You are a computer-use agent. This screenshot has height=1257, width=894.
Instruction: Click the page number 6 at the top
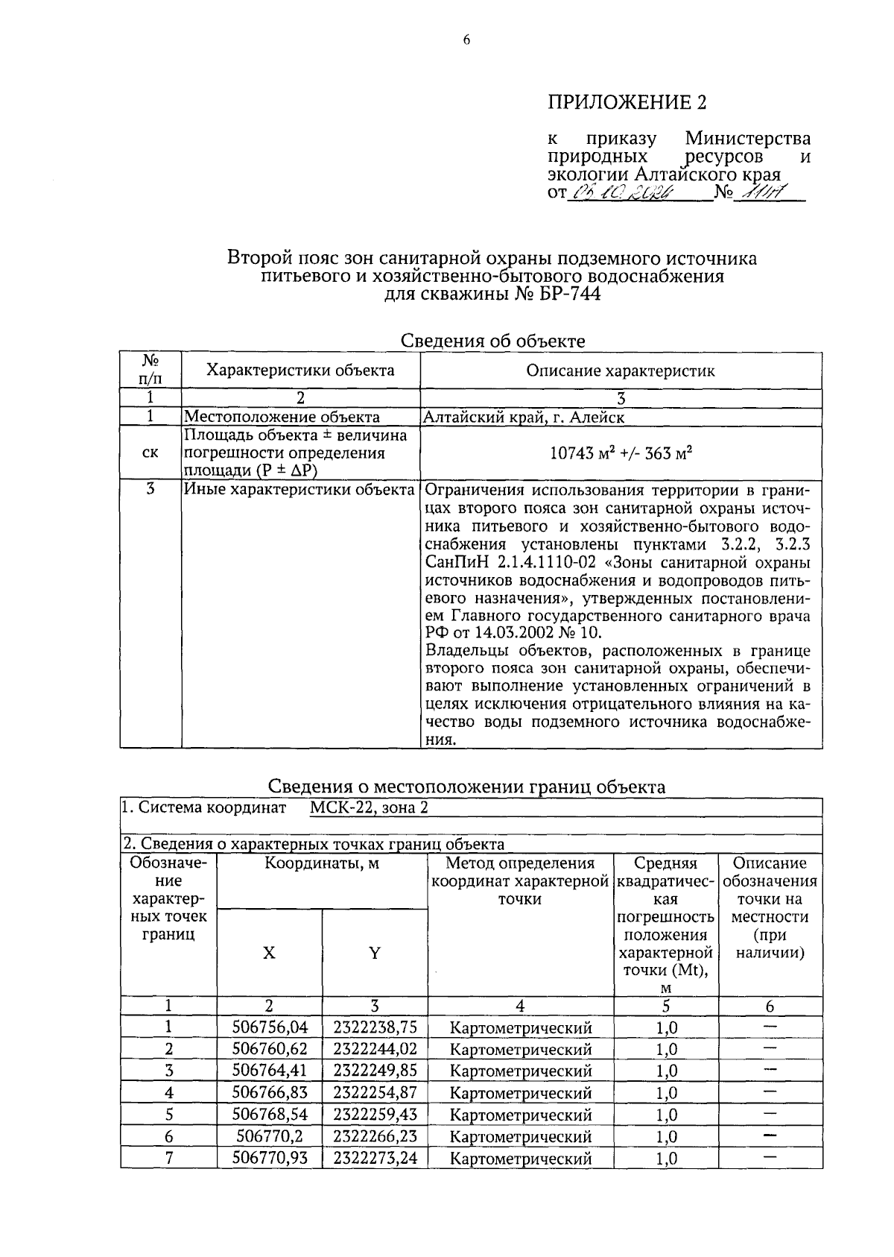tap(466, 41)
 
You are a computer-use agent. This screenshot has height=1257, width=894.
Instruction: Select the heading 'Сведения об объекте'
tap(492, 341)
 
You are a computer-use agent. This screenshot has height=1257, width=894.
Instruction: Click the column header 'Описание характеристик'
tap(621, 371)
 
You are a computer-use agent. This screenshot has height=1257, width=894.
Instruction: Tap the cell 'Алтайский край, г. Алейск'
tap(524, 418)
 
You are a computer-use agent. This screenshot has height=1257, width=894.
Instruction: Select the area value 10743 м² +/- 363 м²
tap(621, 453)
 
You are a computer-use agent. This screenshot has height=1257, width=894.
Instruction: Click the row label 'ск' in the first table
tap(150, 453)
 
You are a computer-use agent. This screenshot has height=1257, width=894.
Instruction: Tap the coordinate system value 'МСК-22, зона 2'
tap(369, 807)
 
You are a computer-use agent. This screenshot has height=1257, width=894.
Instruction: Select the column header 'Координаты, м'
tap(322, 863)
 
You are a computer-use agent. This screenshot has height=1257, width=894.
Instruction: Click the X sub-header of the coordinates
tap(269, 953)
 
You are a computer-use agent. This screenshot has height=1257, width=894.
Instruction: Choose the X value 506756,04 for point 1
tap(270, 1027)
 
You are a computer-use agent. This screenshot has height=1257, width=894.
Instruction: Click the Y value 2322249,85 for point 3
tap(375, 1071)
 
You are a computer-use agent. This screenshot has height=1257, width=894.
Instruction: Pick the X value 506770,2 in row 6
tap(270, 1136)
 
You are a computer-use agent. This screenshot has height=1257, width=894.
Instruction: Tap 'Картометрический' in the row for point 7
tap(521, 1159)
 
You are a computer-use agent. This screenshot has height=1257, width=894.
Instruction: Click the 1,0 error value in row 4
tap(666, 1093)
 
